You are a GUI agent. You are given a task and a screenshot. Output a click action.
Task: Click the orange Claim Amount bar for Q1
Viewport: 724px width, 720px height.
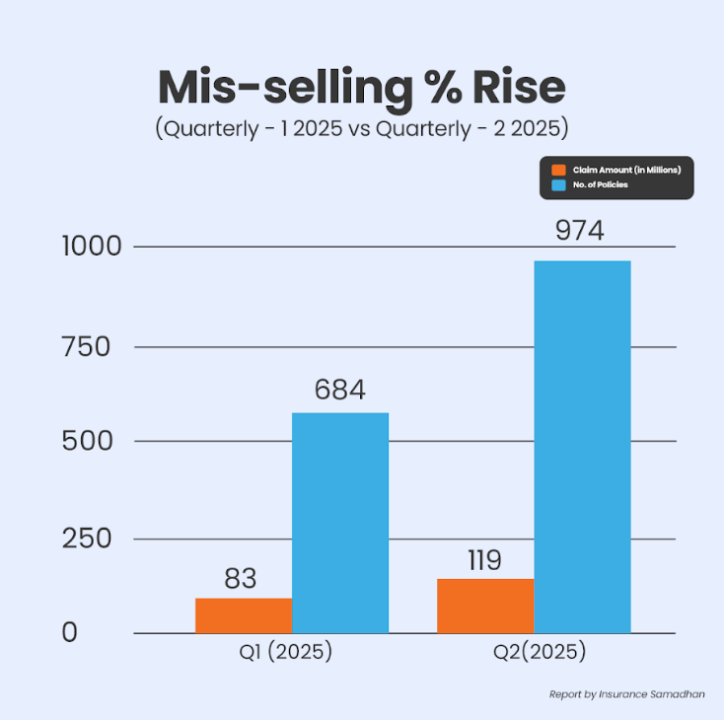(244, 615)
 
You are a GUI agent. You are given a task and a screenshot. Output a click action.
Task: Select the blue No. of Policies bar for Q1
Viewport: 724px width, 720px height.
(340, 523)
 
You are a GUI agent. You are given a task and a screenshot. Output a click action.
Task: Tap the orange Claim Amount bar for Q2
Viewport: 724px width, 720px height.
(485, 606)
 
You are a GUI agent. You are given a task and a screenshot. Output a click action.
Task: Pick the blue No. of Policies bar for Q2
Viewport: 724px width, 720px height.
(582, 446)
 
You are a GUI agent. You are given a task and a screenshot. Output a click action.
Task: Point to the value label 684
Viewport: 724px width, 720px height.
(339, 391)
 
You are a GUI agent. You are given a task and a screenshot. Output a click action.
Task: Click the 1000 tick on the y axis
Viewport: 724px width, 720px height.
(93, 247)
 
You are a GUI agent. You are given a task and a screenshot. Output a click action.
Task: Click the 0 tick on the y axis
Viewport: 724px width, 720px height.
(69, 633)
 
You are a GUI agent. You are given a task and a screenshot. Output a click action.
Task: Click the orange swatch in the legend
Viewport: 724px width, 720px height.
(557, 171)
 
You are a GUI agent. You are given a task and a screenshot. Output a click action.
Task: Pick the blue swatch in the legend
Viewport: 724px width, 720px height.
(557, 184)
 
